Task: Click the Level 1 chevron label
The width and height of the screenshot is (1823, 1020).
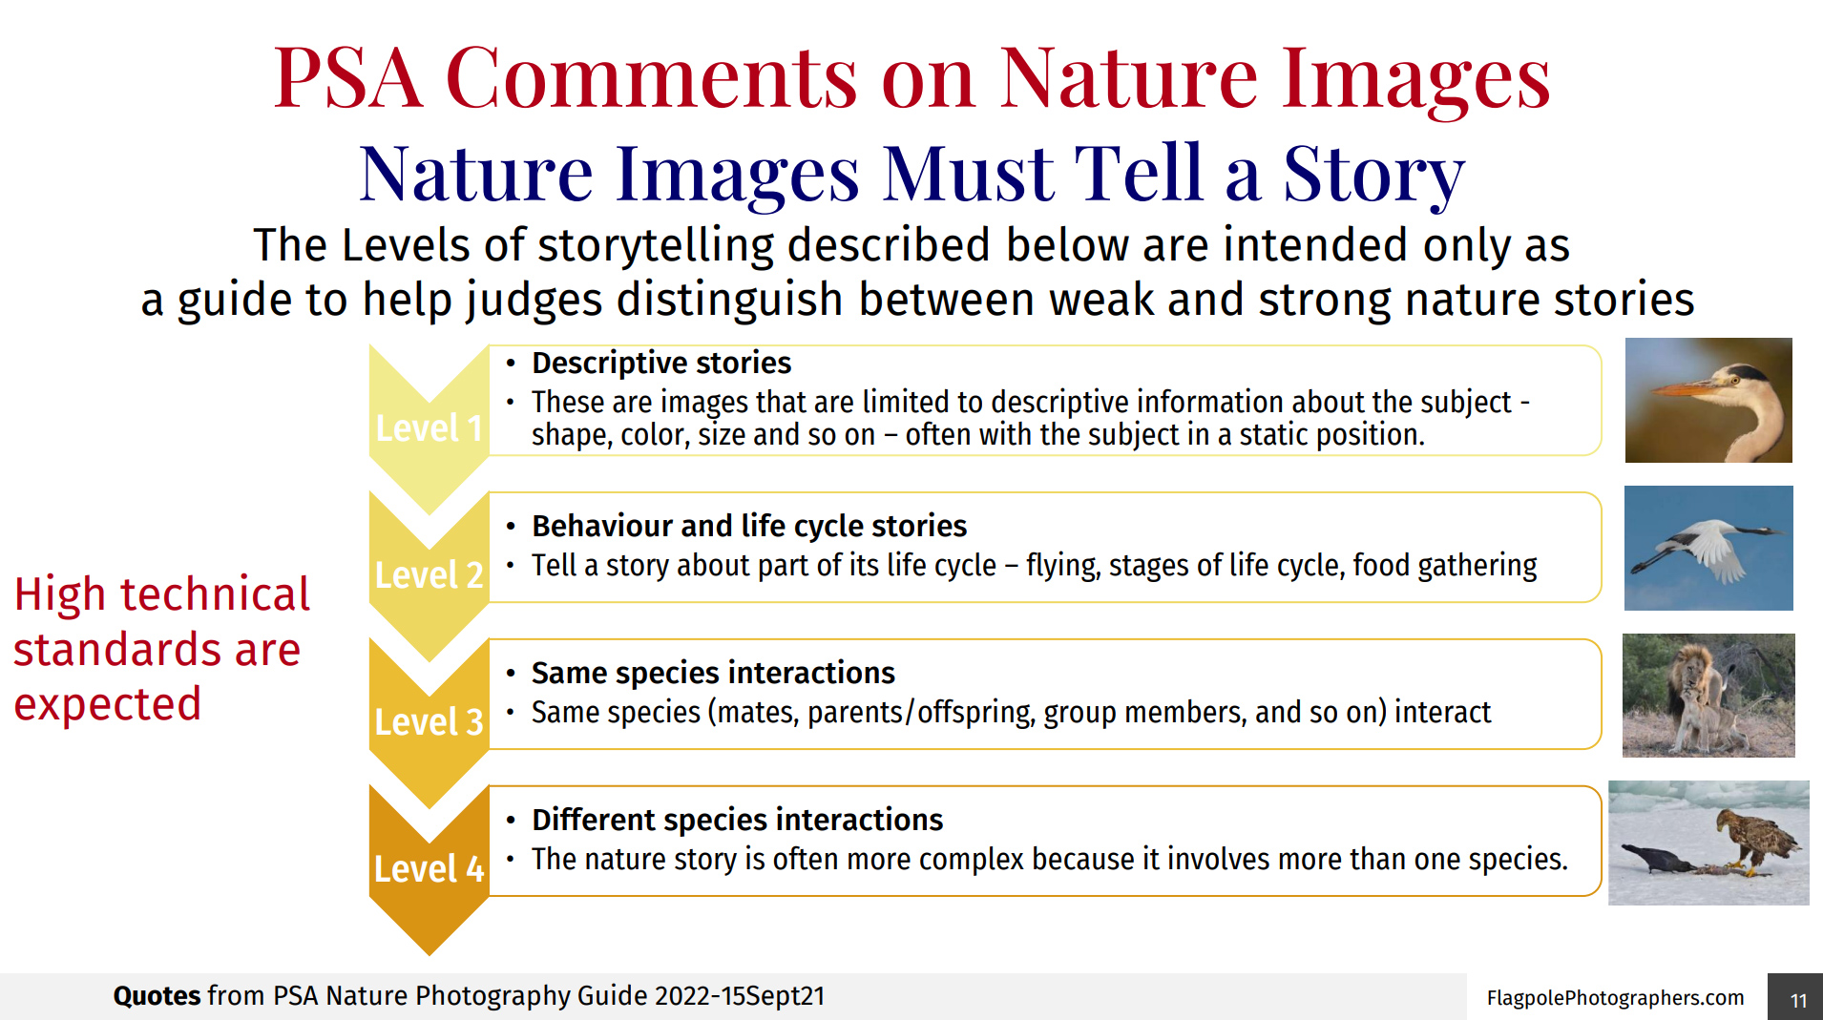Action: coord(429,428)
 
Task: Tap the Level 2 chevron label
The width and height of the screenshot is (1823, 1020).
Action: coord(429,575)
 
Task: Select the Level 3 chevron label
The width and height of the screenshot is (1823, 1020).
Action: coord(429,722)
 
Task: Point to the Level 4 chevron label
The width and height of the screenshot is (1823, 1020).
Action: coord(429,869)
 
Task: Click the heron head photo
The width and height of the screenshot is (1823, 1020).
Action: coord(1708,400)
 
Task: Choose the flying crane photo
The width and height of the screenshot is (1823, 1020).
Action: coord(1708,548)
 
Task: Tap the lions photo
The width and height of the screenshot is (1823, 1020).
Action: coord(1708,696)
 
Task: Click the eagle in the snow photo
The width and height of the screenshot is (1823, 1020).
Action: coord(1708,843)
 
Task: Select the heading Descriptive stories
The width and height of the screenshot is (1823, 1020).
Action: coord(661,364)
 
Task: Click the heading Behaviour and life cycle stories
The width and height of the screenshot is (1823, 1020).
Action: coord(749,526)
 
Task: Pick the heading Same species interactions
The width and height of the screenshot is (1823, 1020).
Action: coord(713,673)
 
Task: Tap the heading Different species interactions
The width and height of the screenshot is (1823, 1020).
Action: coord(737,820)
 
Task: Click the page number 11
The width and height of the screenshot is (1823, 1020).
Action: coord(1798,1000)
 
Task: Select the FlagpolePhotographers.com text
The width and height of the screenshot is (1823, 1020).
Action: coord(1615,998)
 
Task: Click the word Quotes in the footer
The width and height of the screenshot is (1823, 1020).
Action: coord(157,996)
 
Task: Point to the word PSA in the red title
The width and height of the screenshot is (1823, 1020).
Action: coord(347,77)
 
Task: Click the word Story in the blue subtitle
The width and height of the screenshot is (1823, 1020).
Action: coord(1373,174)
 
